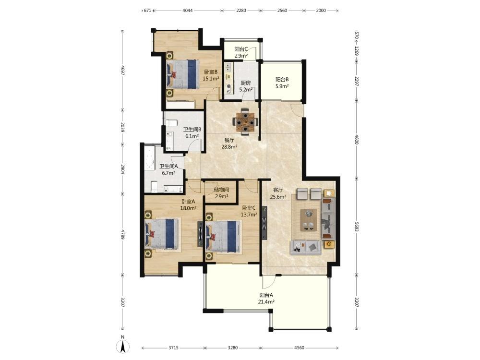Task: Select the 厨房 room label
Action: click(246, 83)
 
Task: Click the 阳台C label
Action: click(241, 49)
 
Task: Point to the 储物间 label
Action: click(222, 190)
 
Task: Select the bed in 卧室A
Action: click(161, 233)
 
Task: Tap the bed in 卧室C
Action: click(223, 237)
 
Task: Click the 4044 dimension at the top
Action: click(188, 11)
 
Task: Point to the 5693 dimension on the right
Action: click(357, 226)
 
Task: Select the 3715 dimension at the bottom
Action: click(173, 348)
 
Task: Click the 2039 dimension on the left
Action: click(123, 127)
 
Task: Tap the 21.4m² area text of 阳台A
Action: click(266, 302)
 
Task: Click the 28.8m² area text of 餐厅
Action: click(229, 147)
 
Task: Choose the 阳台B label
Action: click(282, 80)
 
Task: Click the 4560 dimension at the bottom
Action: click(299, 348)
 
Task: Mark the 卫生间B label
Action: click(192, 130)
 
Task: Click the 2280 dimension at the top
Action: click(241, 11)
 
